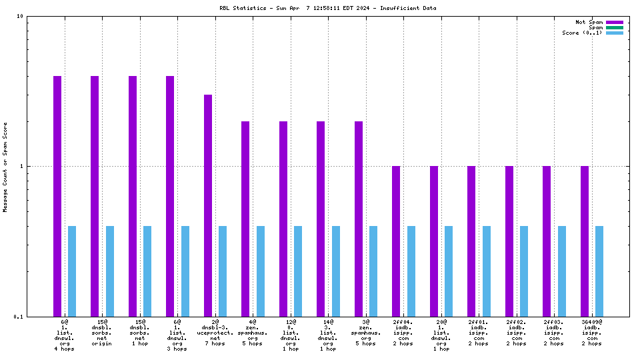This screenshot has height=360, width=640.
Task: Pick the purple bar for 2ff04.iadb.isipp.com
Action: pyautogui.click(x=396, y=241)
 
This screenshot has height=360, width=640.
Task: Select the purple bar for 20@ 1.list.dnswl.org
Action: pyautogui.click(x=434, y=241)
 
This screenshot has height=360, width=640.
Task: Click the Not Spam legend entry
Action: pyautogui.click(x=614, y=22)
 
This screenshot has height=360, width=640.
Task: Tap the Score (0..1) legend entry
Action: pyautogui.click(x=614, y=33)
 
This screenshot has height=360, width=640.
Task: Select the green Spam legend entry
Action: pyautogui.click(x=614, y=27)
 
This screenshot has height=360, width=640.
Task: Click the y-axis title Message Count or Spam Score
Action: pyautogui.click(x=6, y=167)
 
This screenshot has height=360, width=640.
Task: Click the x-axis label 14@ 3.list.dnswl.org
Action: pyautogui.click(x=328, y=335)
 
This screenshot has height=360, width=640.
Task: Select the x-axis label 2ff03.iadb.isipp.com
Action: pyautogui.click(x=554, y=335)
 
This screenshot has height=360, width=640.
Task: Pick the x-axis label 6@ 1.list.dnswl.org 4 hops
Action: pyautogui.click(x=64, y=335)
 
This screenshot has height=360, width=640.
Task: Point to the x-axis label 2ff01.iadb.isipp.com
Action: pyautogui.click(x=479, y=335)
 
